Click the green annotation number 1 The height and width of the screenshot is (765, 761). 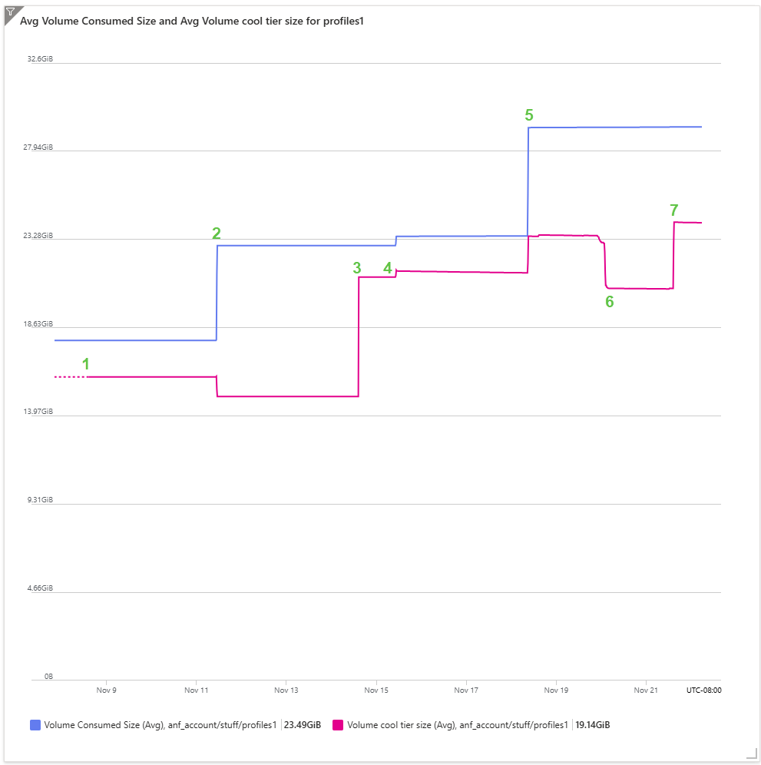(x=86, y=364)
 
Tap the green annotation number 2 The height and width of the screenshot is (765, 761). (x=217, y=233)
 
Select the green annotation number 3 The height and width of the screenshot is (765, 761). (x=357, y=267)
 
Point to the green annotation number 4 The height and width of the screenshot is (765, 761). (x=388, y=267)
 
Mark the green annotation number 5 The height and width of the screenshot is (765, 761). (x=529, y=115)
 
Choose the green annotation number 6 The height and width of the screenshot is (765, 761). (x=610, y=302)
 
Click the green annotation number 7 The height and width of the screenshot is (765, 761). (x=674, y=210)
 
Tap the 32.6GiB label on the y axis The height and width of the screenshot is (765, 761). (x=41, y=59)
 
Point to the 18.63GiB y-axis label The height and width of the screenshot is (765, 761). (x=39, y=324)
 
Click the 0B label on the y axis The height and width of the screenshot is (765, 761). (x=48, y=677)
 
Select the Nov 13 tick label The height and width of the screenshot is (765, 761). (x=286, y=690)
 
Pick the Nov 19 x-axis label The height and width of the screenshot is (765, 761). (x=556, y=690)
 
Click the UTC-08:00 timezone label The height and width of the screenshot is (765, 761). (x=703, y=690)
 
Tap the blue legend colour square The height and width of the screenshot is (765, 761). (x=35, y=724)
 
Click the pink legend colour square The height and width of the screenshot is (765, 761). (x=337, y=724)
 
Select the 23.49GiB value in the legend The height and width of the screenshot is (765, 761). (x=303, y=724)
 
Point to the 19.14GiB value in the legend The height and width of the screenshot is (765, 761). (x=594, y=724)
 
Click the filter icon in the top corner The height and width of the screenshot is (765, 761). (x=10, y=11)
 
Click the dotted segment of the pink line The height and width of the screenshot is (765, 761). (x=70, y=377)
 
